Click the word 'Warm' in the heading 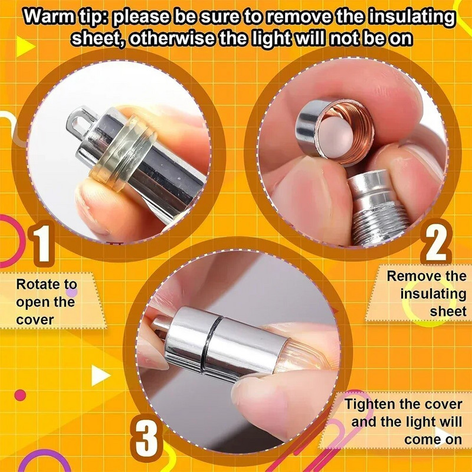tap(49, 17)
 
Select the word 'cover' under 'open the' tap(35, 320)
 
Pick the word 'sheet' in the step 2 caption tap(448, 312)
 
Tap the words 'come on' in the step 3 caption tap(433, 440)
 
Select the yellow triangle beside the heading tap(25, 47)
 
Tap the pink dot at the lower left tap(21, 395)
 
